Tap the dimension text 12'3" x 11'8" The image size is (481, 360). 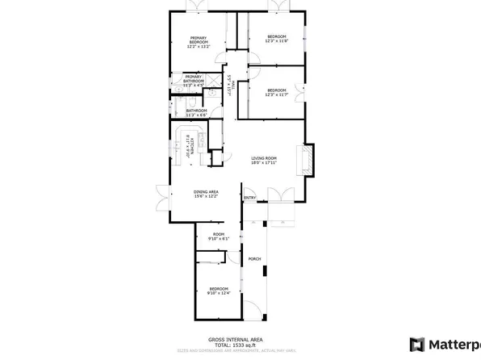[276, 42]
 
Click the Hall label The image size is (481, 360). [230, 85]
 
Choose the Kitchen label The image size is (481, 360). [191, 145]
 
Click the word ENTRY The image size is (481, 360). [249, 199]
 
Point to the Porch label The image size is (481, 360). [254, 259]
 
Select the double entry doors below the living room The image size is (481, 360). [277, 195]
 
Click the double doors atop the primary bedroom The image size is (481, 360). [197, 6]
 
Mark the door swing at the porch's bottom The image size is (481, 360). [253, 310]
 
